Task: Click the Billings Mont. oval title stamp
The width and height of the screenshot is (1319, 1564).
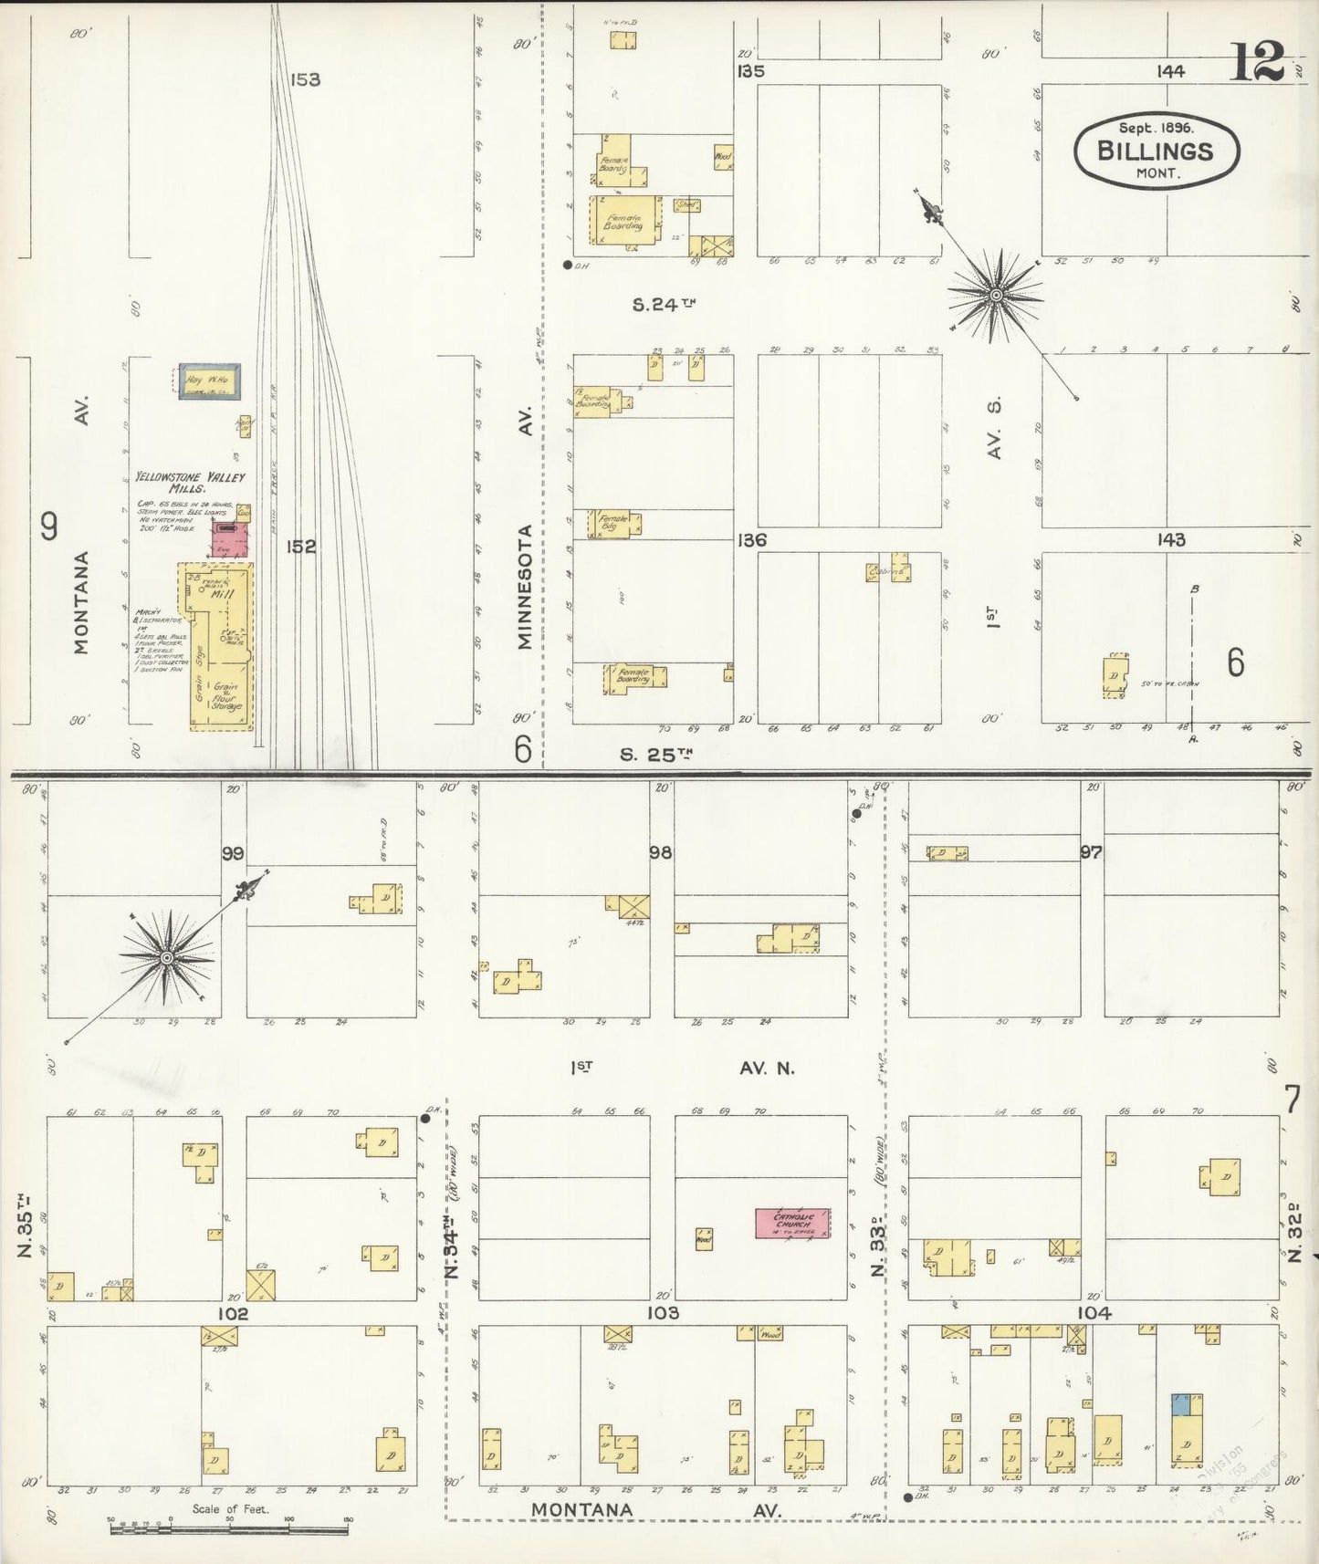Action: click(x=1156, y=151)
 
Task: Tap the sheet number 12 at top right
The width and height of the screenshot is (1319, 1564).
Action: click(x=1258, y=62)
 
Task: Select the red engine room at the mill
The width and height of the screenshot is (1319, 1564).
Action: click(x=230, y=540)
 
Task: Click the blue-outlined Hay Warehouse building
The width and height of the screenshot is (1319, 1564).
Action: click(x=209, y=381)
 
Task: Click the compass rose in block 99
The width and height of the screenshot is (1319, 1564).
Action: click(x=166, y=957)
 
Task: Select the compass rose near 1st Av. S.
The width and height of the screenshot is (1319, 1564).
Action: click(x=996, y=295)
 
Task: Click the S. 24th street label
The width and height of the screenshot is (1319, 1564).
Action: click(x=664, y=305)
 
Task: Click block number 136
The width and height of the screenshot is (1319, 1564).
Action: click(x=752, y=540)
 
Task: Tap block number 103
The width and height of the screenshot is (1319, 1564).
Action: click(x=662, y=1313)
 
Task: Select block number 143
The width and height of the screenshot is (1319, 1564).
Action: click(x=1170, y=539)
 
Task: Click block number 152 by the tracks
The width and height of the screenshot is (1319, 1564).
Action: click(x=300, y=547)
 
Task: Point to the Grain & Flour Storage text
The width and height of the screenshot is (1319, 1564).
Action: click(x=225, y=696)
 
